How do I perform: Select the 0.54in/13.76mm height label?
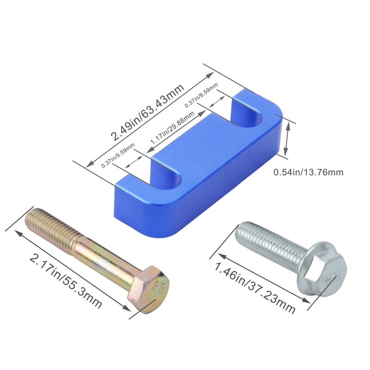[x=308, y=173]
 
